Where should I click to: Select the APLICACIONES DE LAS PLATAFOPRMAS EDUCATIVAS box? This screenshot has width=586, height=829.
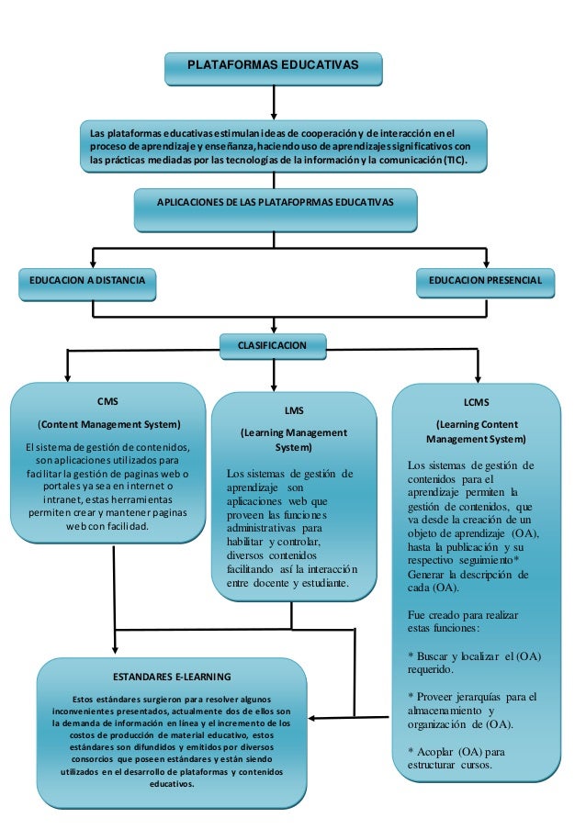click(274, 202)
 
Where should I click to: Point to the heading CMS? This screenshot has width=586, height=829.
click(107, 401)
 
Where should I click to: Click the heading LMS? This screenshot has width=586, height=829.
click(294, 410)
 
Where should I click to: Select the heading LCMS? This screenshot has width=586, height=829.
click(477, 402)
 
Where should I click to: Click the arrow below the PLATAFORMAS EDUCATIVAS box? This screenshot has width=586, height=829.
click(274, 102)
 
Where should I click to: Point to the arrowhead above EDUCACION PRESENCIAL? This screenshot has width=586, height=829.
click(486, 263)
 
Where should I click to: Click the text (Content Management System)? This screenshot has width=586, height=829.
click(107, 424)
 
